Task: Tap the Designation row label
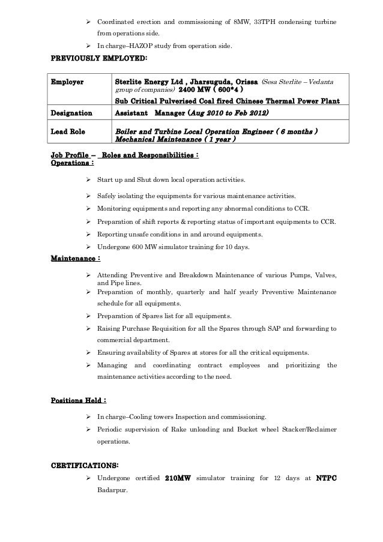tap(72, 112)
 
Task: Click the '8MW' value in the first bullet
tap(237, 23)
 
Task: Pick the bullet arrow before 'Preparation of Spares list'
tap(89, 316)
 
